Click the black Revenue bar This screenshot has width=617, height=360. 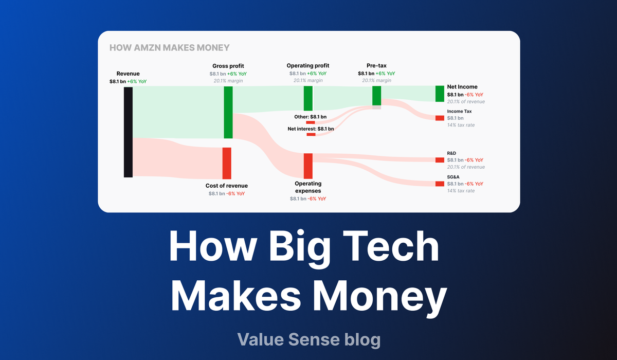128,132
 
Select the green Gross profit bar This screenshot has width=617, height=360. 228,112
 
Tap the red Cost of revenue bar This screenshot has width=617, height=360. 226,163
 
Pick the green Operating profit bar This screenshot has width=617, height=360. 308,98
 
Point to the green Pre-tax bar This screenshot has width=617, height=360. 376,96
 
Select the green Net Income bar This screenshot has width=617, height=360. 440,94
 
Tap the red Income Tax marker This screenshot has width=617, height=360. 440,118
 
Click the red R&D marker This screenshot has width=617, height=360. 440,160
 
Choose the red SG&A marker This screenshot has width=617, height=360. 440,184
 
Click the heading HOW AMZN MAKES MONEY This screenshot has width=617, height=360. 169,48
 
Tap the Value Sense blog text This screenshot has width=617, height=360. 308,339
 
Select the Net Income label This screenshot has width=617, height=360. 462,87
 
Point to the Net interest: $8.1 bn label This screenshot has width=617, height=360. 311,129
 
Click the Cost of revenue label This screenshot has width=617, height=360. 227,186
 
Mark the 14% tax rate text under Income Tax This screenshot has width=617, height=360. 461,125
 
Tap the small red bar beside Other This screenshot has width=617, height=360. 311,122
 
